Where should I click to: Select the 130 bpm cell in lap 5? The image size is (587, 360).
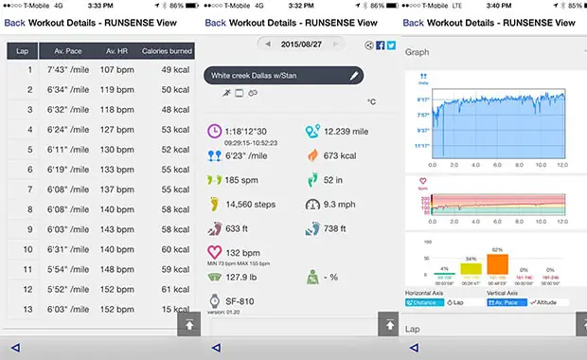click(x=117, y=150)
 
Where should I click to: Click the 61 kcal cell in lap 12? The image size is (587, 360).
click(x=174, y=289)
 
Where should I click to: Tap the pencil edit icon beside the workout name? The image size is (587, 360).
click(x=354, y=74)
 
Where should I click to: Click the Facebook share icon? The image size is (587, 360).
click(x=380, y=45)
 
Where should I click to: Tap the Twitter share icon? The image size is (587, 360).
click(x=390, y=45)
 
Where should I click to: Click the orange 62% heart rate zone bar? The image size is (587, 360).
click(x=498, y=264)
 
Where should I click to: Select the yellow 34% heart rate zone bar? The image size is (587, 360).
click(x=471, y=268)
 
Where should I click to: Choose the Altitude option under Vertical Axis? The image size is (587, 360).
click(x=546, y=302)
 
